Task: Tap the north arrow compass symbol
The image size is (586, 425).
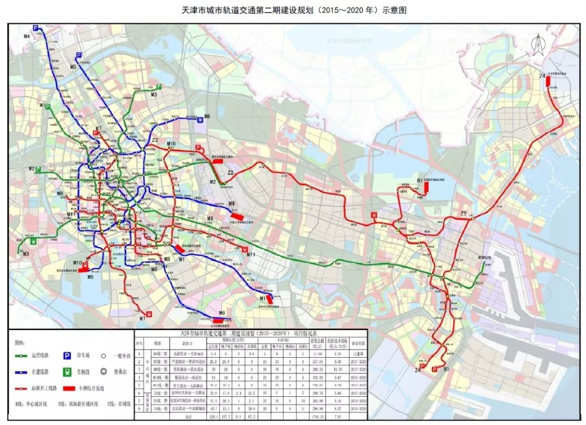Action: pyautogui.click(x=538, y=44)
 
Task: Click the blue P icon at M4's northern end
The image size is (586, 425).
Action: pyautogui.click(x=37, y=28)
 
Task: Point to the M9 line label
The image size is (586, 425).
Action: pyautogui.click(x=209, y=218)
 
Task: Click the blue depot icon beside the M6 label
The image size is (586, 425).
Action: pyautogui.click(x=200, y=121)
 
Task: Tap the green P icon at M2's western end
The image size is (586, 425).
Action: pyautogui.click(x=39, y=169)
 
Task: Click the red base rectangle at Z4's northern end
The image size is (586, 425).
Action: pyautogui.click(x=549, y=81)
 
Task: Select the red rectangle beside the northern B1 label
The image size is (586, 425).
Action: pyautogui.click(x=426, y=186)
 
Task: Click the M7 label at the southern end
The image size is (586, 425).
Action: pyautogui.click(x=142, y=319)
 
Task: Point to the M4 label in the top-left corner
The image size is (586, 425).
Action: pyautogui.click(x=27, y=36)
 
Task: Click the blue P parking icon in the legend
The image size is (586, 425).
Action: pyautogui.click(x=68, y=356)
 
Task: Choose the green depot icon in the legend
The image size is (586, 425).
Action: pyautogui.click(x=68, y=372)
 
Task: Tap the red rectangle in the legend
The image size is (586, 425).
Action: pyautogui.click(x=68, y=389)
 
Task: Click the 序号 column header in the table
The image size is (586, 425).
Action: pyautogui.click(x=139, y=343)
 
